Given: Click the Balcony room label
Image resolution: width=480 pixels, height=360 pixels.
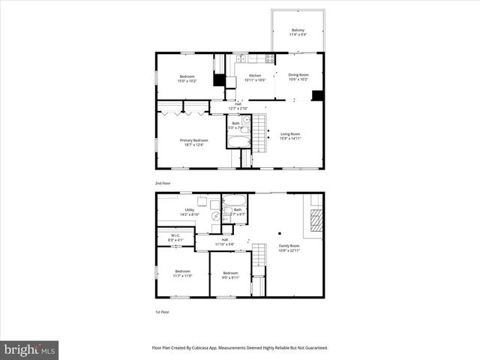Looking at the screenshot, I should coord(298,30).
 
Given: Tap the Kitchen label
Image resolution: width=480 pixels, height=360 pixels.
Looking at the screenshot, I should coord(255,75).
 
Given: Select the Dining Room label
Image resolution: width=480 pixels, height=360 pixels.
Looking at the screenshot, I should coord(298,74).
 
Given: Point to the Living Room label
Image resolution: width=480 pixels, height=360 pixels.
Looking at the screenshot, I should coord(290,134).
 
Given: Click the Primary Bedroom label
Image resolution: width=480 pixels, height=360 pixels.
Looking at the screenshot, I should coord(193,140).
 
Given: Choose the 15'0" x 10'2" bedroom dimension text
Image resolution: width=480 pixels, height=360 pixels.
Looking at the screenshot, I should coord(187,81).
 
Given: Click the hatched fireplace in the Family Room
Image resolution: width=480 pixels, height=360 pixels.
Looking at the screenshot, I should coord(316,220).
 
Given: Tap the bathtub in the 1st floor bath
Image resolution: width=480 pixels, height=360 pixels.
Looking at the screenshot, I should coord(234,200).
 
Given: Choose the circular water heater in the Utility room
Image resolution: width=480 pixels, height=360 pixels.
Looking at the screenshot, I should coord(216,217).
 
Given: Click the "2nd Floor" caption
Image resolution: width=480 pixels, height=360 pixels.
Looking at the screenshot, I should coord(162,182).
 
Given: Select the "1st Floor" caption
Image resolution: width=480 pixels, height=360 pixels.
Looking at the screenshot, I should coord(162,311).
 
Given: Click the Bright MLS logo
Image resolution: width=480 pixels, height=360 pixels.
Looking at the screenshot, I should coord(30,350).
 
